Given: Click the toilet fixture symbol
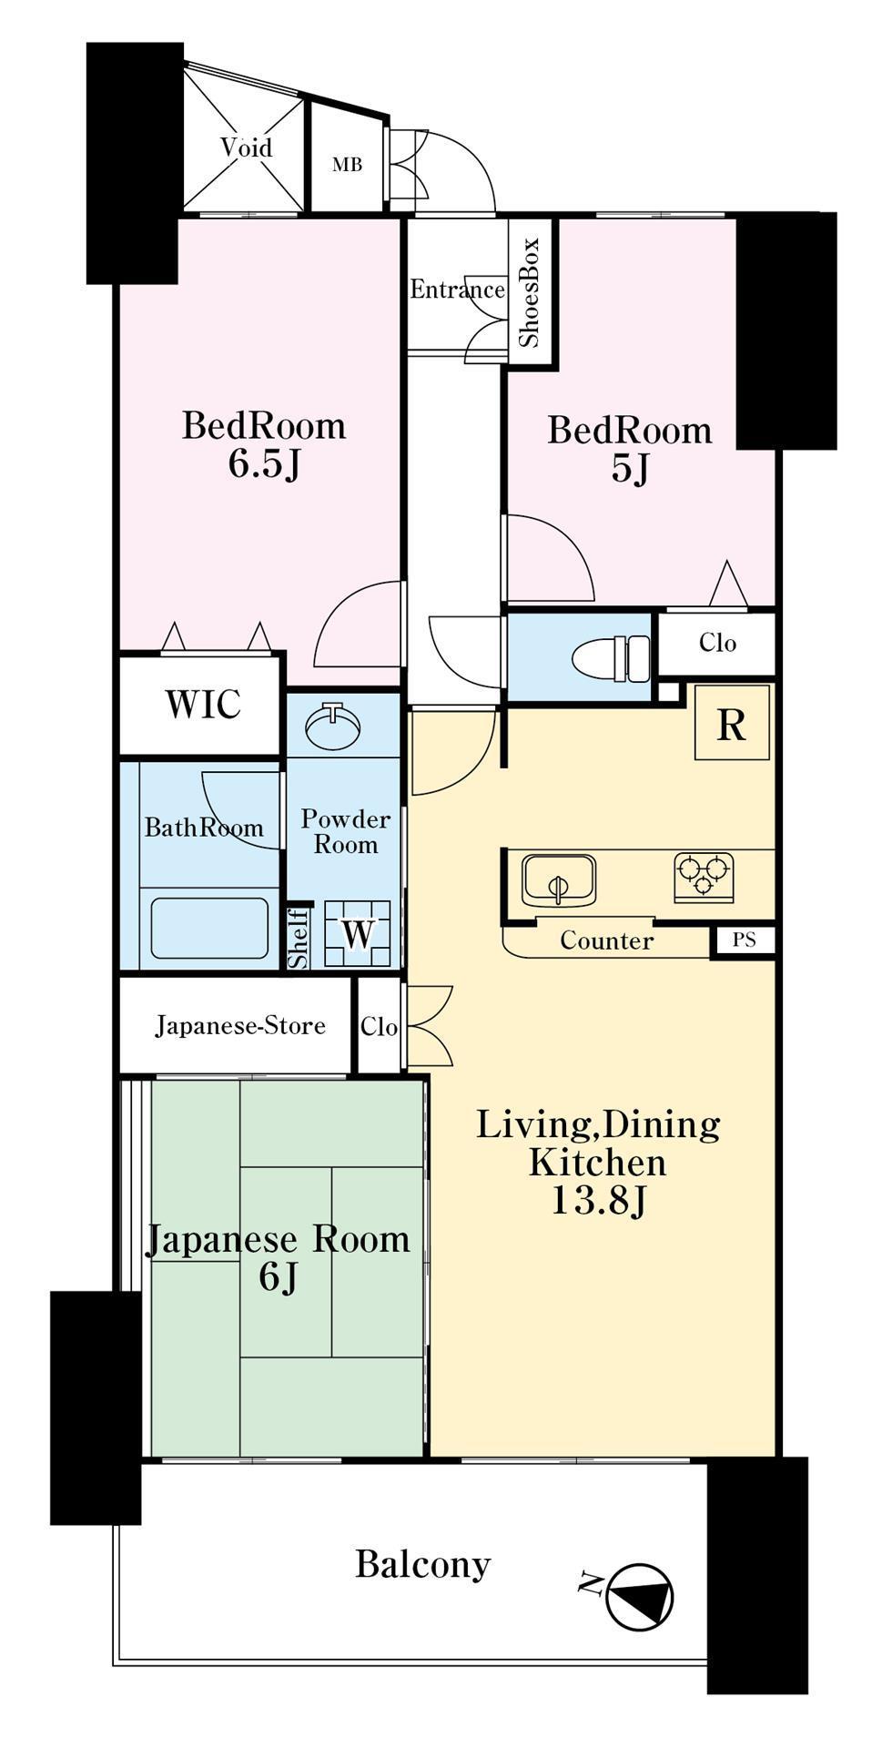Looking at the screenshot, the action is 613,657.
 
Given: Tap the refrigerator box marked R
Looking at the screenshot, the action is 732,724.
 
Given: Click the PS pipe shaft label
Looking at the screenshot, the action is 745,940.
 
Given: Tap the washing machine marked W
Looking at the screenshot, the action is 359,933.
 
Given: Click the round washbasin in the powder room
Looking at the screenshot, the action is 333,726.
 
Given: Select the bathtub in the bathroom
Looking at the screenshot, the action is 209,928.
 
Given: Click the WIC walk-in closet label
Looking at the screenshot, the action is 203,705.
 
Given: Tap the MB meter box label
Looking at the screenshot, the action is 347,165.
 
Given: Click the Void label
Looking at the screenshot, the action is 247,147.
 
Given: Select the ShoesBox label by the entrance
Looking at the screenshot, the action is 530,292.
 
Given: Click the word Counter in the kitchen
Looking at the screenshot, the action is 606,940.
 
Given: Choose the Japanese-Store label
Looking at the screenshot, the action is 240,1026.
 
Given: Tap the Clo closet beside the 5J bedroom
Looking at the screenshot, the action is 717,643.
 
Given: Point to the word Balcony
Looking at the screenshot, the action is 423,1565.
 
